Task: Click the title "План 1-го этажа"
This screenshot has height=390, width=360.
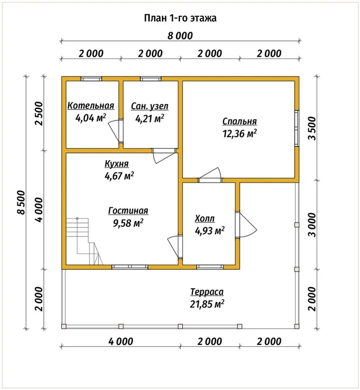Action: pyautogui.click(x=180, y=18)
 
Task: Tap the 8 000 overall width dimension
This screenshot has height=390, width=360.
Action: pyautogui.click(x=180, y=36)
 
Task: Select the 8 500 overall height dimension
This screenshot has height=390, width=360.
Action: pyautogui.click(x=22, y=202)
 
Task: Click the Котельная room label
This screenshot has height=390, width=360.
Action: pyautogui.click(x=91, y=106)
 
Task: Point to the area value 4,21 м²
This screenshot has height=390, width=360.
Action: pyautogui.click(x=150, y=119)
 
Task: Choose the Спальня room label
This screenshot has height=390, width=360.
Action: pyautogui.click(x=240, y=121)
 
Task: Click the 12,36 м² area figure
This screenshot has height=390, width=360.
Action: pyautogui.click(x=240, y=134)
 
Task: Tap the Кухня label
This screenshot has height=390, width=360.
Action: pyautogui.click(x=116, y=164)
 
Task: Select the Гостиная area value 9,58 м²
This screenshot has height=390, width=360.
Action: pyautogui.click(x=128, y=223)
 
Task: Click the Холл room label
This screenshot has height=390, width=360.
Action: pyautogui.click(x=205, y=219)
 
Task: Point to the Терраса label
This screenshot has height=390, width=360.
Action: pyautogui.click(x=207, y=292)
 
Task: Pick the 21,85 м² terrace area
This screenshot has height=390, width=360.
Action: pyautogui.click(x=207, y=304)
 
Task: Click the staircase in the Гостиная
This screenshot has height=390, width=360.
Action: pyautogui.click(x=84, y=241)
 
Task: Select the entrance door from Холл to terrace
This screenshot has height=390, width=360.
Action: pyautogui.click(x=245, y=225)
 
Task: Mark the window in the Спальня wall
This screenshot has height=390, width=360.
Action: pyautogui.click(x=296, y=128)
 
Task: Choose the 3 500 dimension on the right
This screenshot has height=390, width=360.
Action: pyautogui.click(x=312, y=128)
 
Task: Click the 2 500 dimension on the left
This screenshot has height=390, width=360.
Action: pyautogui.click(x=39, y=114)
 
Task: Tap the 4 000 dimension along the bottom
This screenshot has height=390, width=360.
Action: pyautogui.click(x=121, y=342)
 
